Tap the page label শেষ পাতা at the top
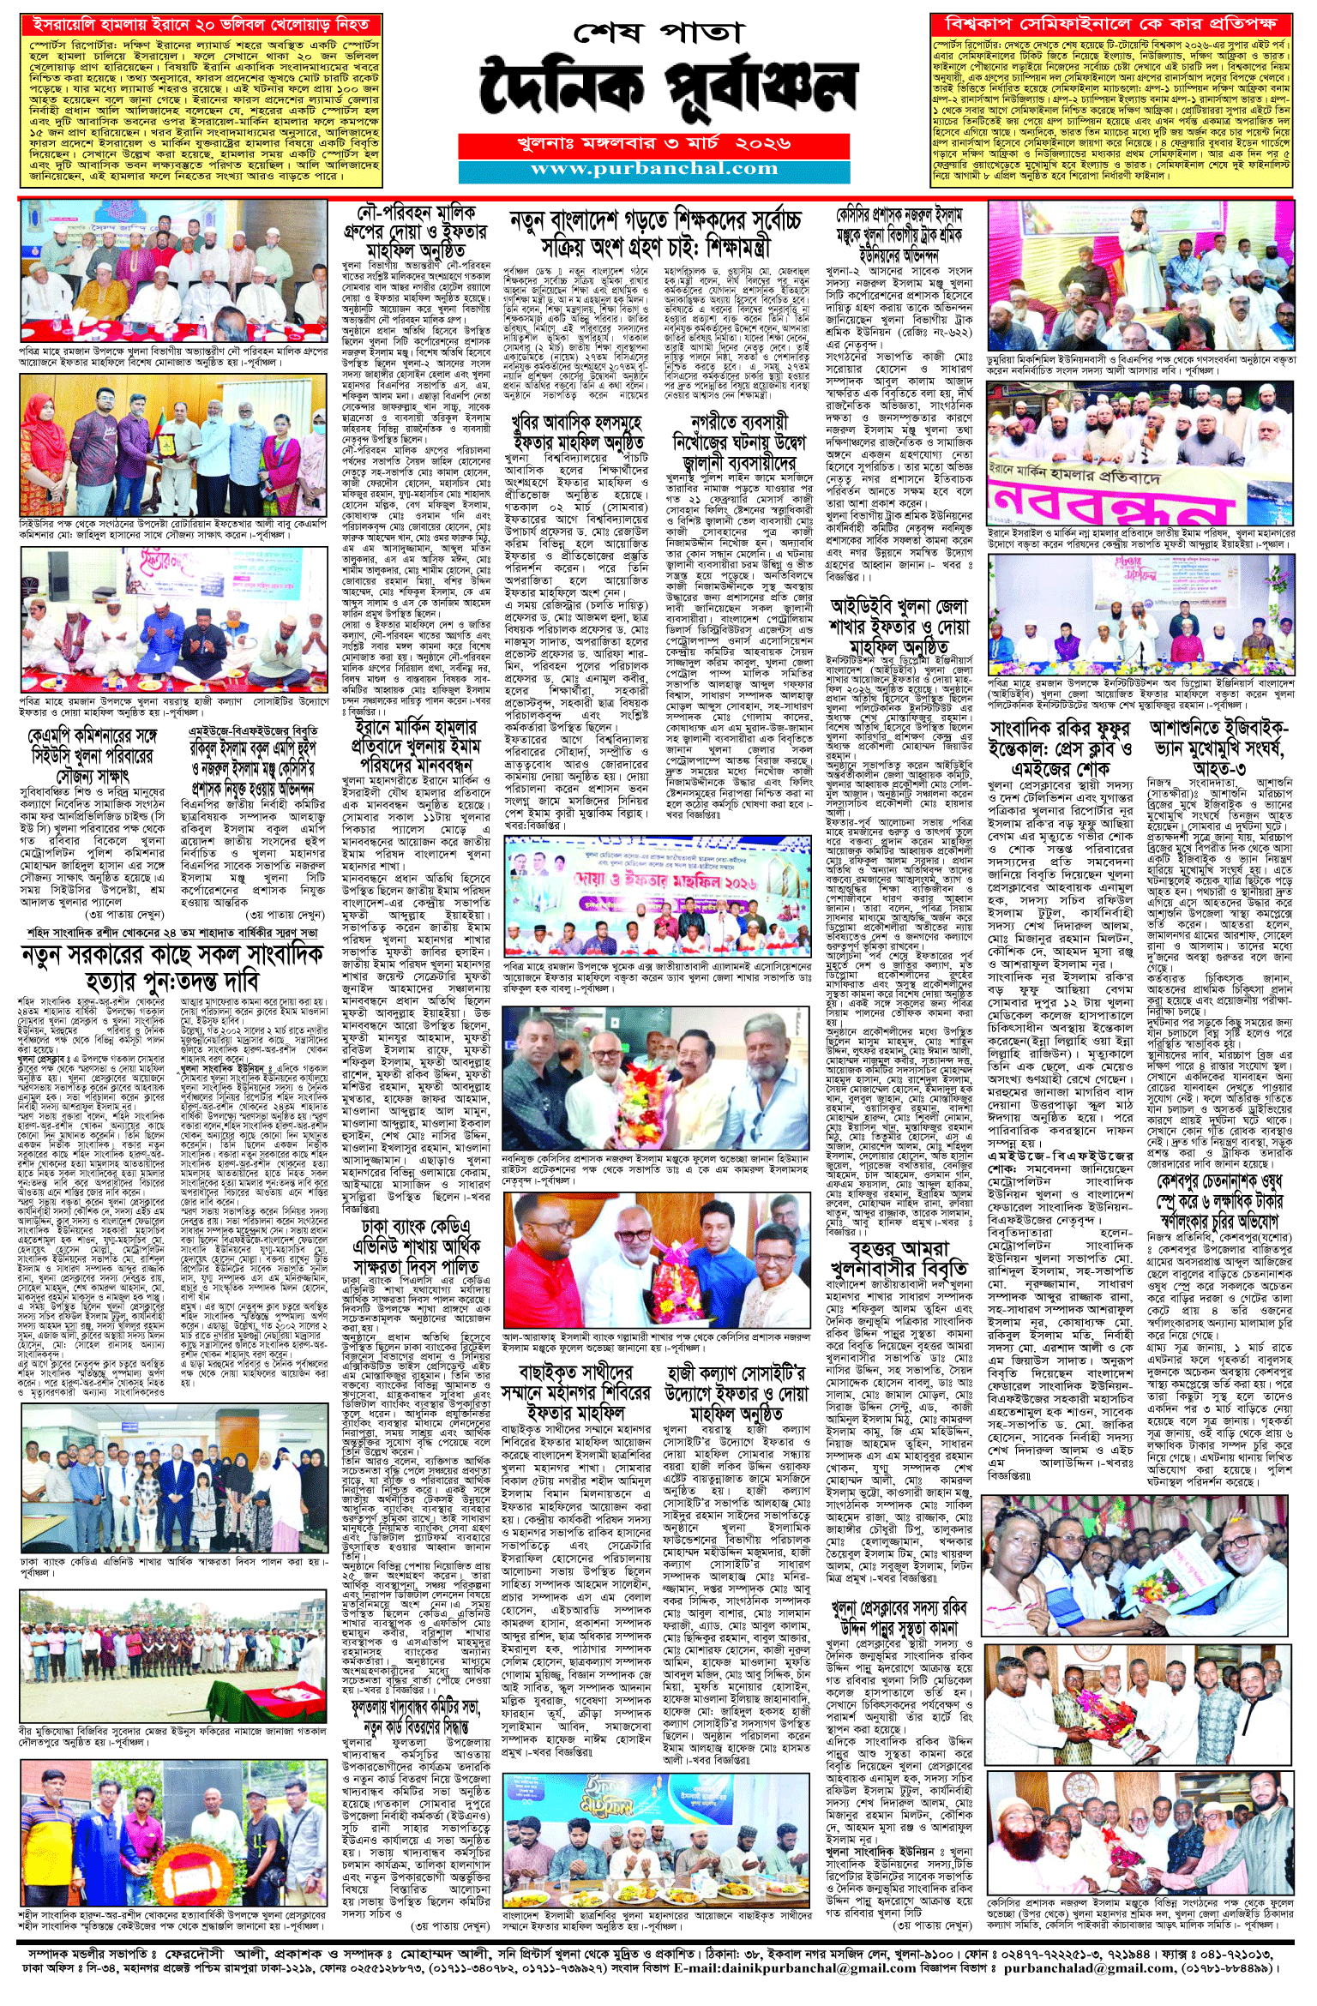[658, 33]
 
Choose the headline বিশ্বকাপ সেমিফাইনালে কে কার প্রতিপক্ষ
[1110, 24]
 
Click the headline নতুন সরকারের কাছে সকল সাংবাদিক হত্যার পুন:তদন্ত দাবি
[172, 969]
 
